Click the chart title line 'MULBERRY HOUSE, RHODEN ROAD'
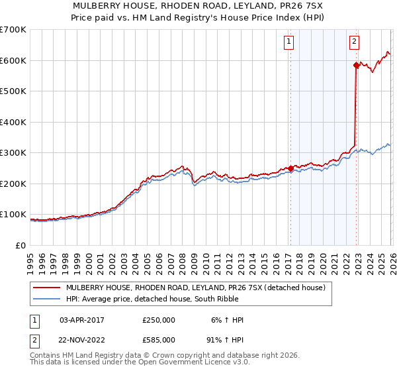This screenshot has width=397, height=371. [x=198, y=6]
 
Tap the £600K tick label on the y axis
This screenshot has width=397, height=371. [x=13, y=60]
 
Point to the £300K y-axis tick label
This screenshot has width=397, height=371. [x=13, y=153]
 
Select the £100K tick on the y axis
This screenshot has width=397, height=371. [x=13, y=215]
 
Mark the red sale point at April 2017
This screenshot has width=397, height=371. [x=290, y=168]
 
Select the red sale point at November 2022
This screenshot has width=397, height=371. [x=356, y=65]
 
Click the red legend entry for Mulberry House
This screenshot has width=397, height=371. [x=195, y=288]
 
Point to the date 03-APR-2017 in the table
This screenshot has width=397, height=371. [x=82, y=320]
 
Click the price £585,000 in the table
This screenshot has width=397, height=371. [x=159, y=339]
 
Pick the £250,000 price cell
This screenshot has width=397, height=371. [x=159, y=320]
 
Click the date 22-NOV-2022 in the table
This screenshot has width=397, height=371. [x=82, y=339]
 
